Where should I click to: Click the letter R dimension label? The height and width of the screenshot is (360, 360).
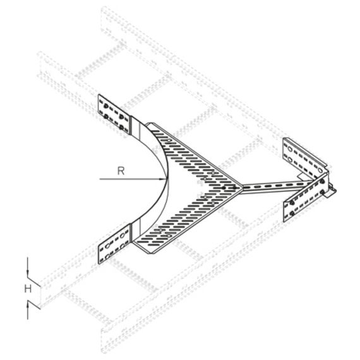(x=121, y=171)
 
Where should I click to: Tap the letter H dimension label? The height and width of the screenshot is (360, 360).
(x=28, y=289)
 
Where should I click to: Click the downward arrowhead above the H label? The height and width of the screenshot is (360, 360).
(x=28, y=274)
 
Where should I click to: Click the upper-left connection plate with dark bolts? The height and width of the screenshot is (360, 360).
(x=114, y=114)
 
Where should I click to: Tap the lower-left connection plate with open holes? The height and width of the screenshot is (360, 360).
(x=114, y=244)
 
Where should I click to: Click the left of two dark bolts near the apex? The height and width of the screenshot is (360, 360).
(x=224, y=188)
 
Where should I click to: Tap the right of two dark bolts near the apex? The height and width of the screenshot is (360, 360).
(x=234, y=188)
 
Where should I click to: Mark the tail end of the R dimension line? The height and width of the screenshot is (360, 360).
(x=99, y=179)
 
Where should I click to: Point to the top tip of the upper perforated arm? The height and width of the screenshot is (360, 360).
(x=149, y=123)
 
